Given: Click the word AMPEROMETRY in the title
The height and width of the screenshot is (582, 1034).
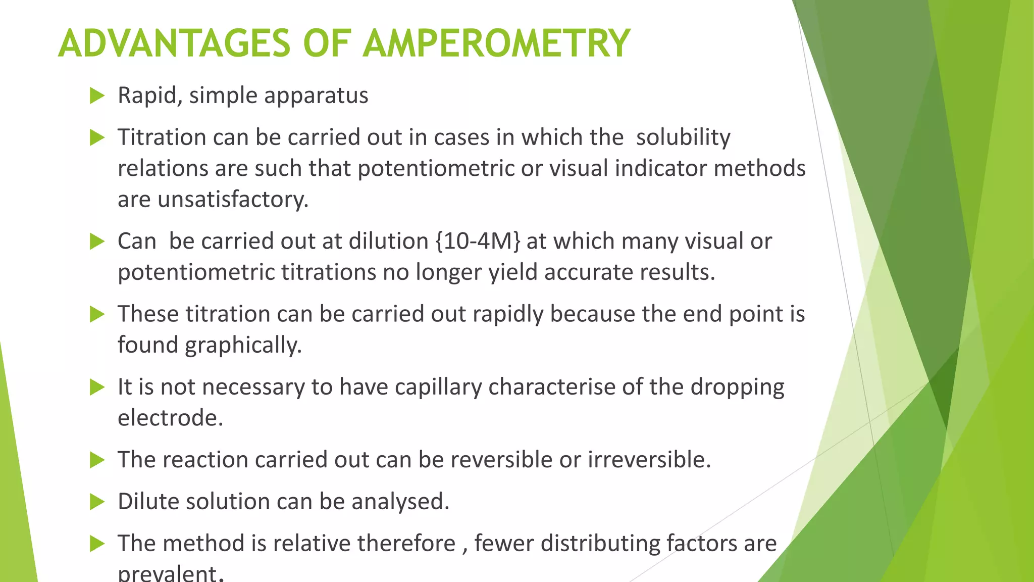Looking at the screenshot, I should pyautogui.click(x=496, y=43).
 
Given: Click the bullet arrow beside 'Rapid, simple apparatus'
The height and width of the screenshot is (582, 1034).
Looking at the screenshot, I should pyautogui.click(x=96, y=95).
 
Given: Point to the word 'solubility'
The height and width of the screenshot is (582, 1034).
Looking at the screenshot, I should pyautogui.click(x=683, y=137).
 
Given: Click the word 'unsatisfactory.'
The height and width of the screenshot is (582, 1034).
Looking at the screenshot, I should pyautogui.click(x=233, y=200).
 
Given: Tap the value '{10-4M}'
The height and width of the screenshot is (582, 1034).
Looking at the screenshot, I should pyautogui.click(x=477, y=241).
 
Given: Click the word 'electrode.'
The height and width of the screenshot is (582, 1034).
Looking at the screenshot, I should pyautogui.click(x=170, y=418).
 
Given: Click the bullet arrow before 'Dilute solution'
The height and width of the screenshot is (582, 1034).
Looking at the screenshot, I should pyautogui.click(x=96, y=502).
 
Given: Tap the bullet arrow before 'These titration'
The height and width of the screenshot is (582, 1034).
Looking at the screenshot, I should pyautogui.click(x=96, y=314).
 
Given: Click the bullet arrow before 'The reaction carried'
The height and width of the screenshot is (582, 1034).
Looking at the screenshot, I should pyautogui.click(x=96, y=460).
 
